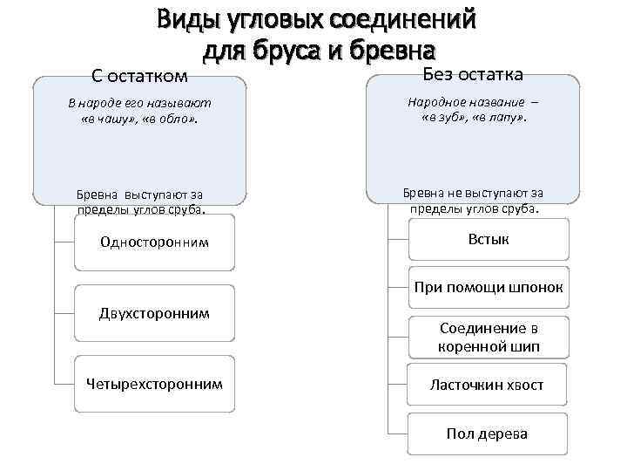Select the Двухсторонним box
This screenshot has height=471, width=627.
click(x=155, y=312)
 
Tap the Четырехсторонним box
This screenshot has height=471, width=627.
click(x=155, y=383)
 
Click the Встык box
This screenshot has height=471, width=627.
click(x=488, y=239)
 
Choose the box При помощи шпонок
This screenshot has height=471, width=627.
click(x=488, y=287)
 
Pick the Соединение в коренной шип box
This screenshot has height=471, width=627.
click(x=488, y=338)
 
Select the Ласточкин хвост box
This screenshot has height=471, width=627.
click(x=488, y=385)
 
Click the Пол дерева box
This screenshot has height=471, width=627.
click(x=488, y=433)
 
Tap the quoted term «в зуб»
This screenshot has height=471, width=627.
click(x=446, y=116)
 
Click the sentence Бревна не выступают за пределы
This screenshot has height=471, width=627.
click(x=473, y=200)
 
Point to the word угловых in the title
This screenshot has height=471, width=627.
click(x=273, y=18)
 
